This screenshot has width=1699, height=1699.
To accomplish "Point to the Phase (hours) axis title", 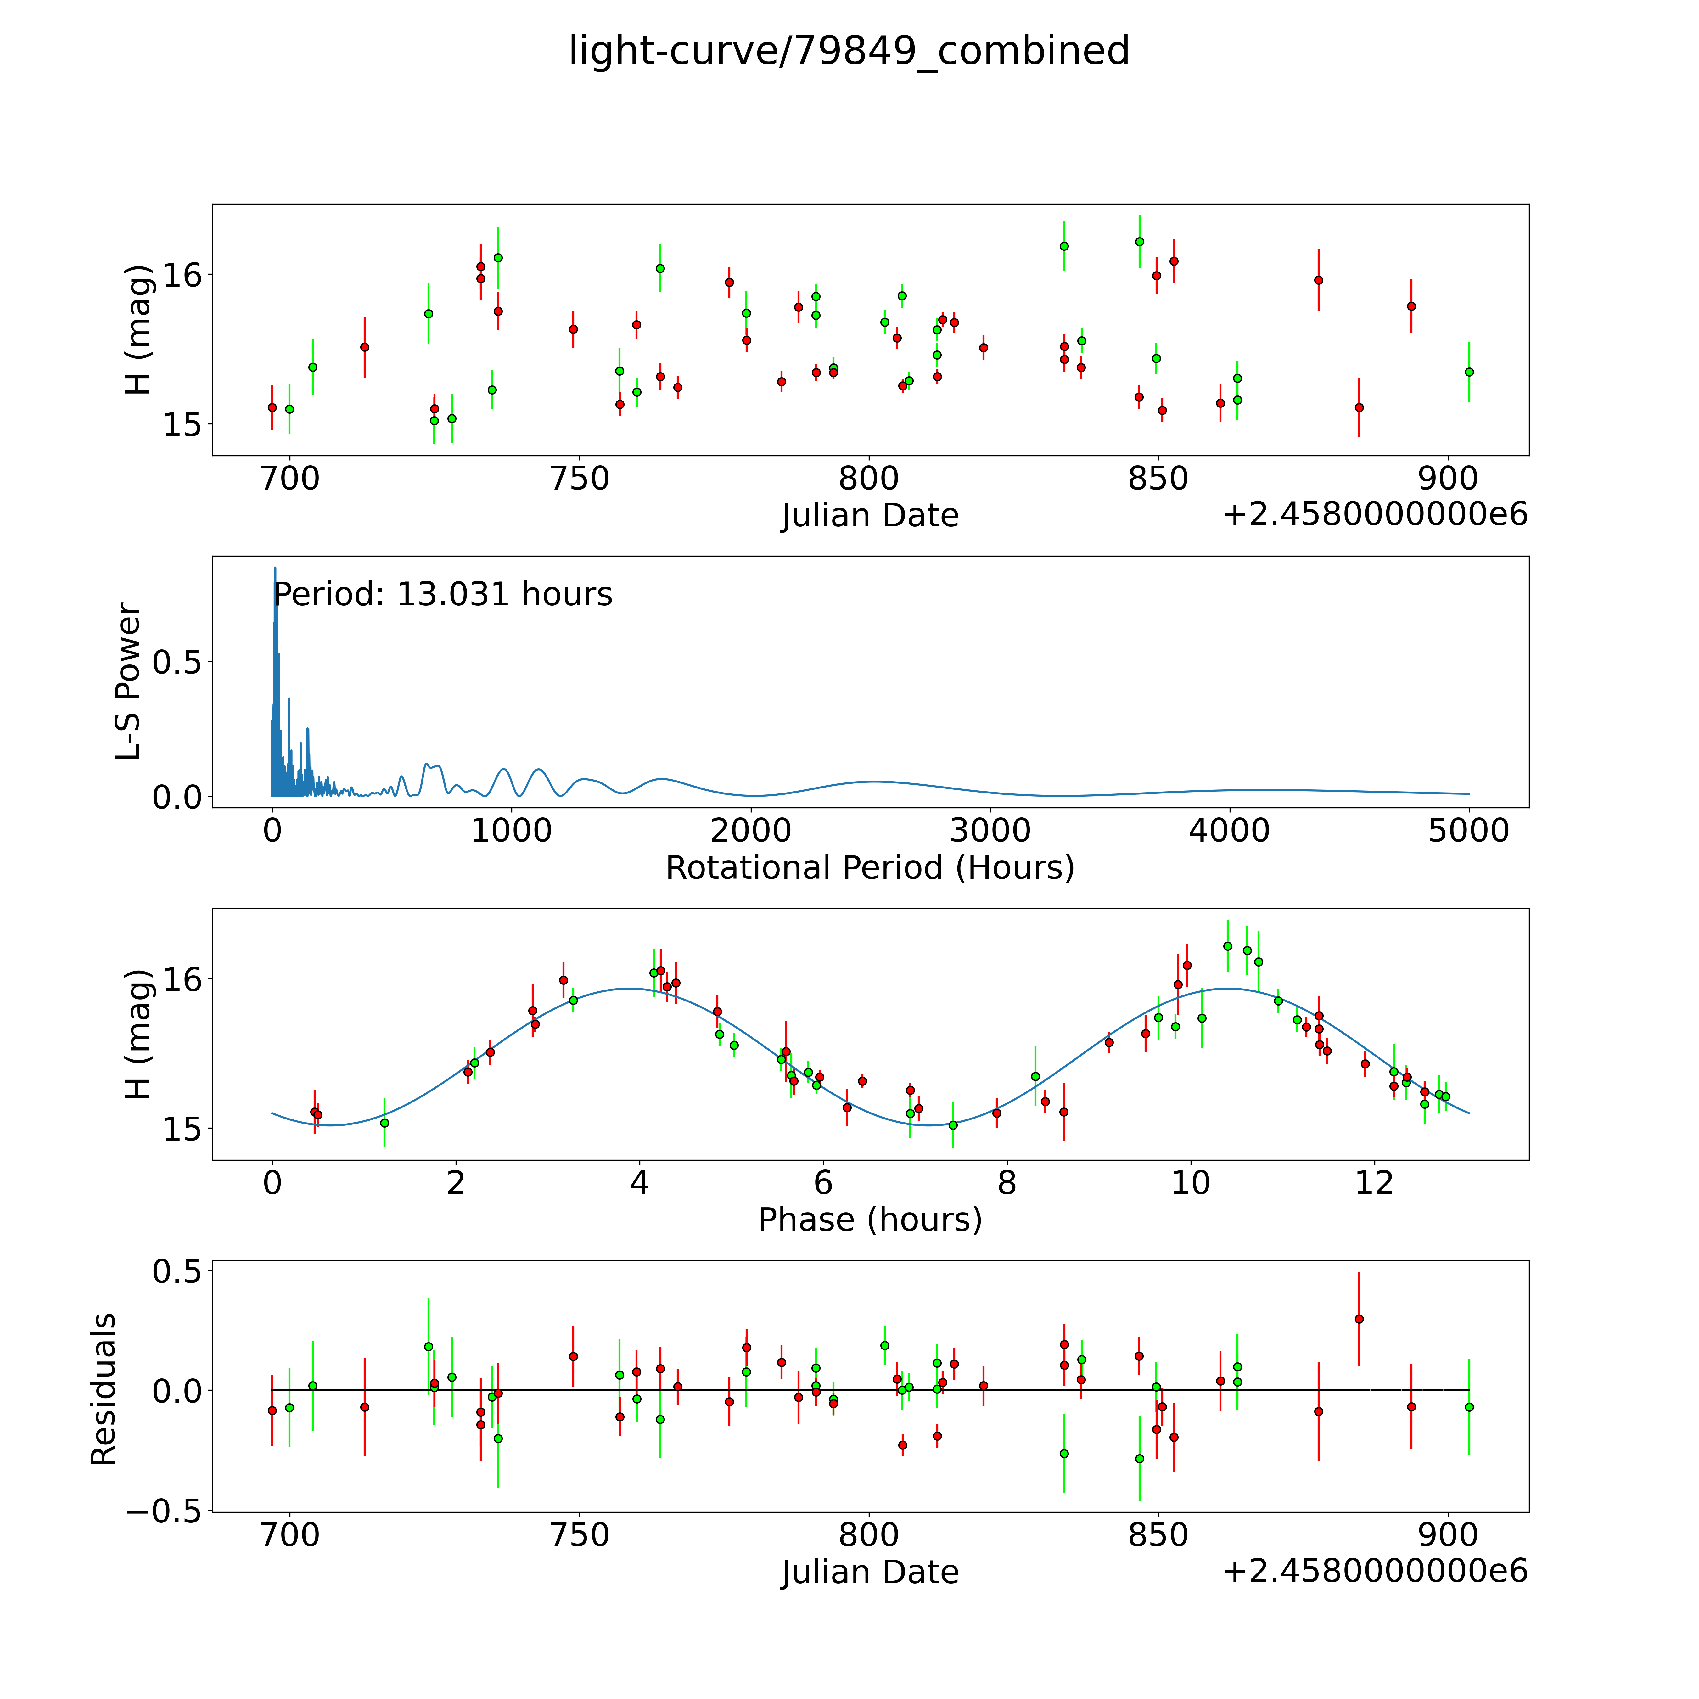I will (x=870, y=1220).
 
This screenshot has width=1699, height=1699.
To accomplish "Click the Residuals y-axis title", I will (x=104, y=1389).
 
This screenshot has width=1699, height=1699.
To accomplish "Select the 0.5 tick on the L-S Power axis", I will (x=176, y=662).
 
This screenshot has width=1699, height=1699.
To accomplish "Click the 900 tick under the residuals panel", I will (x=1448, y=1535).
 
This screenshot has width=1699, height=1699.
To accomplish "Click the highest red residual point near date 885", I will (x=1359, y=1319).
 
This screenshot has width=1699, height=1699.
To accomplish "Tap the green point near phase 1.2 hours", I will (x=384, y=1123).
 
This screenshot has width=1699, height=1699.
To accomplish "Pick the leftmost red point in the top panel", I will (x=272, y=407).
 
